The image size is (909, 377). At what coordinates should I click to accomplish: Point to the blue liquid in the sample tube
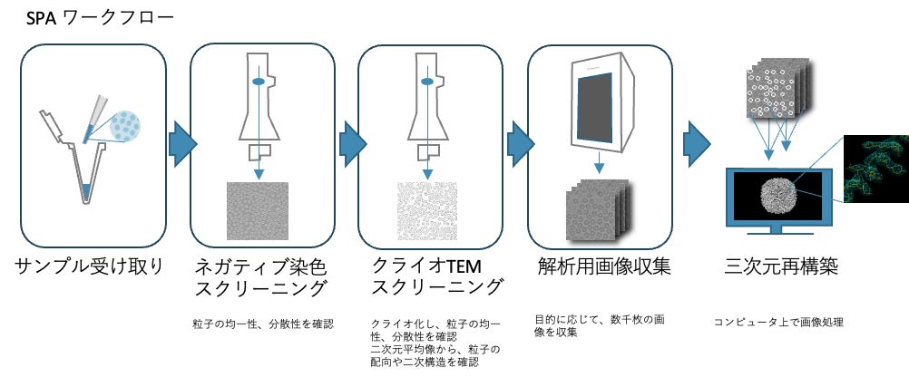click(85, 191)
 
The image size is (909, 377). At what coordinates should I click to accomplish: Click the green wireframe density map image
click(875, 169)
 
